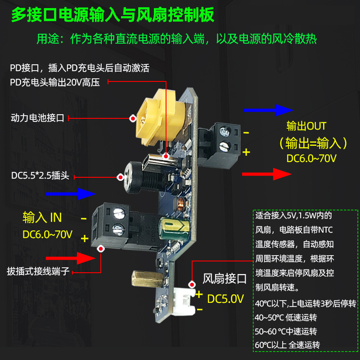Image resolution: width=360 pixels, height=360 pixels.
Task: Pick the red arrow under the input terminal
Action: point(74,258)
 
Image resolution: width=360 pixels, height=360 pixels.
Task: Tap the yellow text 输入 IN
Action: point(42,218)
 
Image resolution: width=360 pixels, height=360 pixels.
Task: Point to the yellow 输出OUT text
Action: point(306,126)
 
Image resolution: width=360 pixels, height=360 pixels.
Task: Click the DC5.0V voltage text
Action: point(225,298)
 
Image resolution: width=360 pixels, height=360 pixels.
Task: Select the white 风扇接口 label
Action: point(225,279)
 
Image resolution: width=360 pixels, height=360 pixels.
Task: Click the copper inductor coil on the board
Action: point(179,204)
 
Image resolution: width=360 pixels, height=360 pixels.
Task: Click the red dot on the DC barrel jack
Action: point(120,177)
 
